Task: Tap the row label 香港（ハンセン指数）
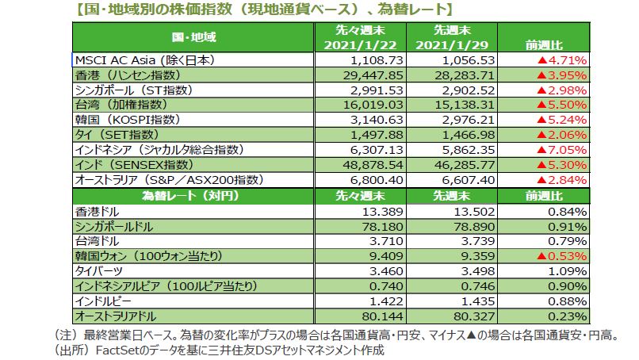click(127, 74)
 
